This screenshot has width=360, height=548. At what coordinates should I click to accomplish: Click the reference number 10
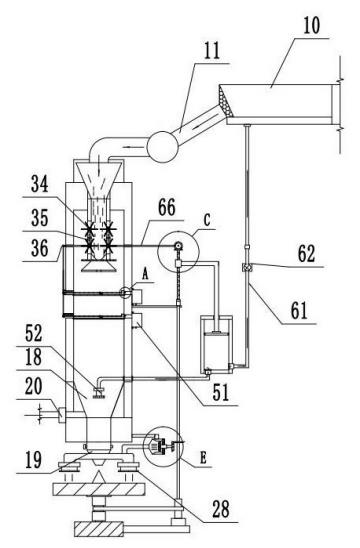click(x=311, y=25)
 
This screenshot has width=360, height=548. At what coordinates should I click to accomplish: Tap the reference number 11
click(x=212, y=51)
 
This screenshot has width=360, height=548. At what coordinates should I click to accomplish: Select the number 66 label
click(x=166, y=208)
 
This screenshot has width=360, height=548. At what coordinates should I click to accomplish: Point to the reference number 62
click(x=306, y=254)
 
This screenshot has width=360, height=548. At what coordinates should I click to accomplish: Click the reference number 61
click(x=299, y=310)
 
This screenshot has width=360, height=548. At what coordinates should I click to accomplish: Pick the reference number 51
click(x=221, y=392)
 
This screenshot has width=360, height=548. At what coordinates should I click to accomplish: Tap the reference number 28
click(x=221, y=509)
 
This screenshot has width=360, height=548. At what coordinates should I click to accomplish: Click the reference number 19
click(x=34, y=460)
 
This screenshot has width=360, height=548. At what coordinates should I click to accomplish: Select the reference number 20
click(x=34, y=387)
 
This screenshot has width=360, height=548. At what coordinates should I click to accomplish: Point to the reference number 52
click(x=34, y=333)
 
